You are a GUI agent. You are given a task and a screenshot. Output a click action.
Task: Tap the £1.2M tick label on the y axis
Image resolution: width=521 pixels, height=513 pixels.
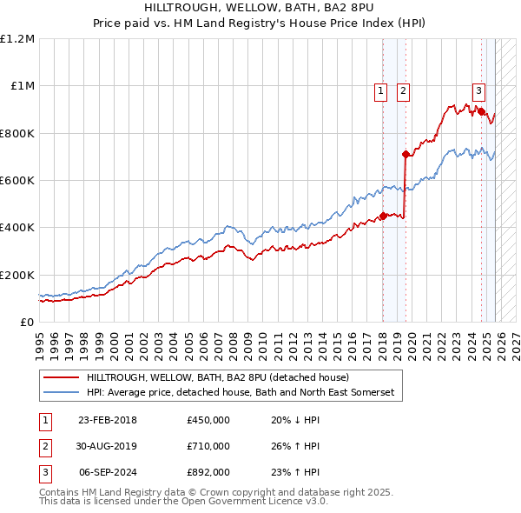tap(17, 39)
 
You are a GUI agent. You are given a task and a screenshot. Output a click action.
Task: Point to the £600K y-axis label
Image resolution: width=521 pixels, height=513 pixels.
tap(17, 181)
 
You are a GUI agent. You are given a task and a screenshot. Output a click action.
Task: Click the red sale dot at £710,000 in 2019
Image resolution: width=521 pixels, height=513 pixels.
tap(406, 155)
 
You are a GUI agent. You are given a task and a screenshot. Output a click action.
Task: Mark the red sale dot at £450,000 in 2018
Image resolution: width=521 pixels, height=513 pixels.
tap(383, 217)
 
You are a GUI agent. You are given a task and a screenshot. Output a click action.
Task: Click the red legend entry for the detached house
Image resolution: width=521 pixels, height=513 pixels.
tap(217, 378)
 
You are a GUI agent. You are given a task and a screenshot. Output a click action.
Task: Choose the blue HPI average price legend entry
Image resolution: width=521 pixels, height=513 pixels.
tap(240, 393)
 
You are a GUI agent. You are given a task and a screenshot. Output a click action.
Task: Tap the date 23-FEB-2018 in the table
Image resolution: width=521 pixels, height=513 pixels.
tap(108, 421)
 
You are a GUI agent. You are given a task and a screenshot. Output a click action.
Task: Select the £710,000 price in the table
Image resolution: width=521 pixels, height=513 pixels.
tap(208, 447)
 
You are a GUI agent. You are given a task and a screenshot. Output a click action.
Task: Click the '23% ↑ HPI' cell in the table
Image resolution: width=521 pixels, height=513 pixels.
tap(295, 473)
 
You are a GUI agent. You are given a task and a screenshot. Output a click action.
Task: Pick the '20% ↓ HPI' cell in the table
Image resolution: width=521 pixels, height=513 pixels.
tap(295, 421)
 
